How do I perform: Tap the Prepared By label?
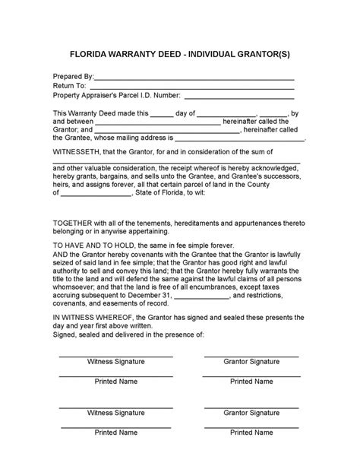pyautogui.click(x=72, y=77)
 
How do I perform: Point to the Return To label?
pyautogui.click(x=69, y=86)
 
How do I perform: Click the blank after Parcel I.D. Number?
pyautogui.click(x=240, y=97)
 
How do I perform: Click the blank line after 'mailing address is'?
pyautogui.click(x=240, y=140)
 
